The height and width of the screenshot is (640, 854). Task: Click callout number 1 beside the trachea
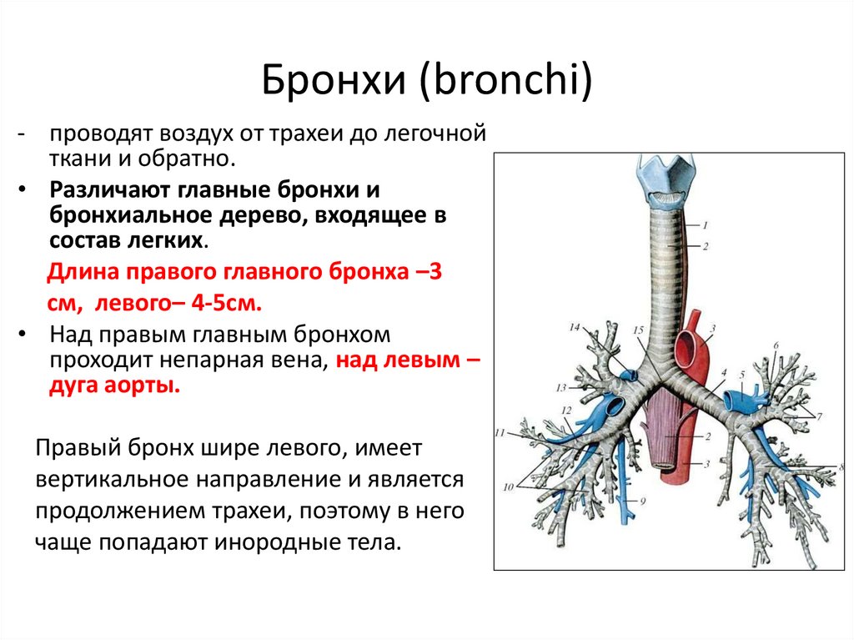(x=706, y=224)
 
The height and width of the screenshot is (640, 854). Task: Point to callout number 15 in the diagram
(x=638, y=331)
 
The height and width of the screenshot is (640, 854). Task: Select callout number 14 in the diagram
(x=574, y=327)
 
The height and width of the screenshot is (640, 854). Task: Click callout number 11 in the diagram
(x=500, y=433)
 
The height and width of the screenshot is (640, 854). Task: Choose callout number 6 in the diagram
(x=775, y=345)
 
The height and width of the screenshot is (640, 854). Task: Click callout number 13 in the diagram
(x=562, y=387)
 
